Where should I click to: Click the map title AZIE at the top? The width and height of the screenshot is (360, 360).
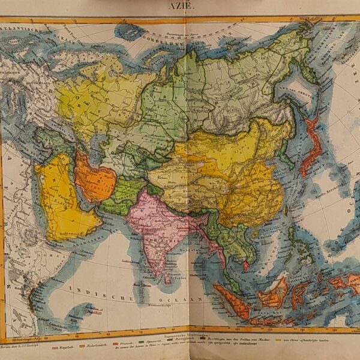(x=179, y=6)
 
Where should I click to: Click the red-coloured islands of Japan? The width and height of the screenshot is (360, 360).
(x=311, y=147)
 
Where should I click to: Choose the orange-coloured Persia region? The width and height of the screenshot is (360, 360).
(x=95, y=179)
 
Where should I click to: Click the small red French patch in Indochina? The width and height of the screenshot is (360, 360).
(x=246, y=265)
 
